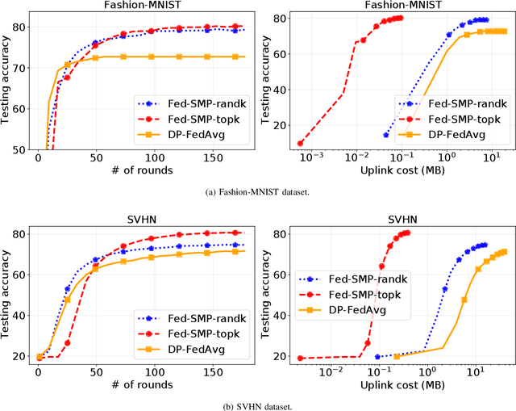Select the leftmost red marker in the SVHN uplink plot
[301, 358]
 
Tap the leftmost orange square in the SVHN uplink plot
[397, 356]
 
